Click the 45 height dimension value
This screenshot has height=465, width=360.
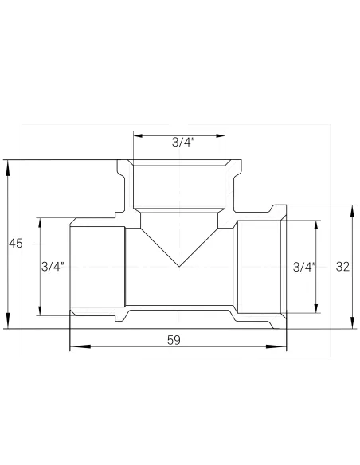15,244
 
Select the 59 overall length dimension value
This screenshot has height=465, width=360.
174,339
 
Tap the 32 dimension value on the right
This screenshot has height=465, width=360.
343,267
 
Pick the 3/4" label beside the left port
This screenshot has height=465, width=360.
53,267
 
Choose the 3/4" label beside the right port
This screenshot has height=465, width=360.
304,267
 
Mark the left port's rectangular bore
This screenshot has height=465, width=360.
97,268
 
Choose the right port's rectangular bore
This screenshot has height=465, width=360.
256,268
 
